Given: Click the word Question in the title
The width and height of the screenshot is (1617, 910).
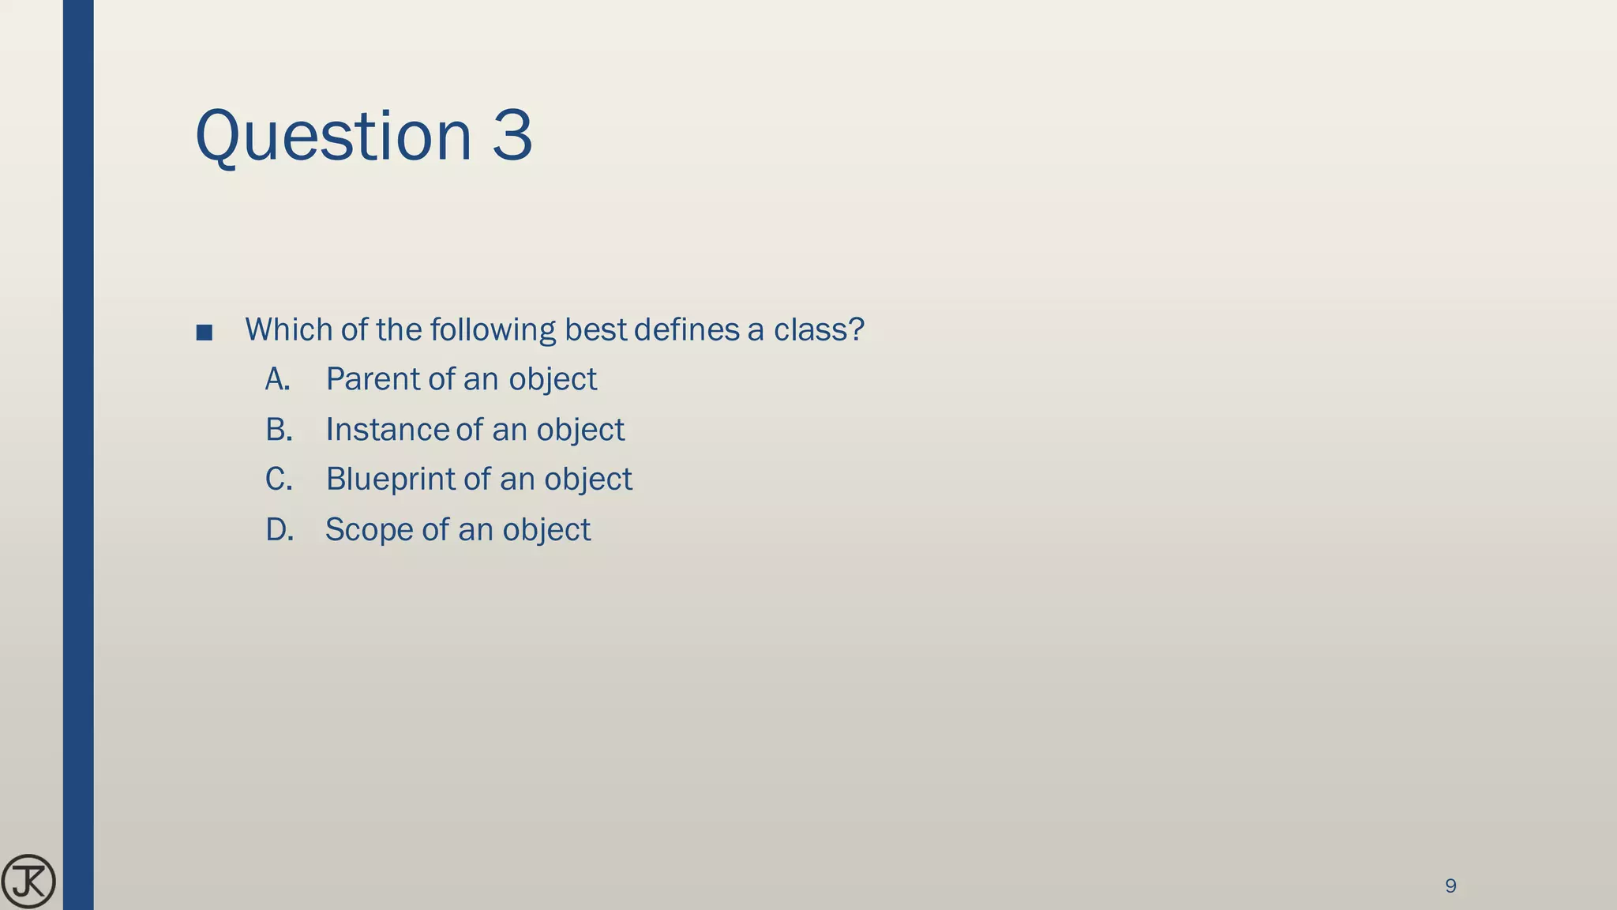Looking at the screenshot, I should pyautogui.click(x=332, y=137).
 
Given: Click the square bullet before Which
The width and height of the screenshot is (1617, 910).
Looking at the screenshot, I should pyautogui.click(x=204, y=333).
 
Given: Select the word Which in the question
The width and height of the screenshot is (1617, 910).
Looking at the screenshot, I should pyautogui.click(x=289, y=329).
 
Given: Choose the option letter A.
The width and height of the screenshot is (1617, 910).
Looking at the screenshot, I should pyautogui.click(x=277, y=380).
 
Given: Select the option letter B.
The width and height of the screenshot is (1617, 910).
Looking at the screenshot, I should pyautogui.click(x=279, y=430).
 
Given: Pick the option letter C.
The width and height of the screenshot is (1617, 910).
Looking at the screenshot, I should pyautogui.click(x=279, y=479).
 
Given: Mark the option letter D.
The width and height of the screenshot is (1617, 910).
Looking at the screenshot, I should pyautogui.click(x=280, y=530).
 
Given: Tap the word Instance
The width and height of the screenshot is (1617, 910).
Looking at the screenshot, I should pyautogui.click(x=387, y=430).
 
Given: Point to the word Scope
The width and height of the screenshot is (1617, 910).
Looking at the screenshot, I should pyautogui.click(x=369, y=530).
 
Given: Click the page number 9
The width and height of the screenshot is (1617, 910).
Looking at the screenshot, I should pyautogui.click(x=1450, y=886).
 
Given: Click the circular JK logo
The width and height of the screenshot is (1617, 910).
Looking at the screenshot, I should pyautogui.click(x=28, y=882).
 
